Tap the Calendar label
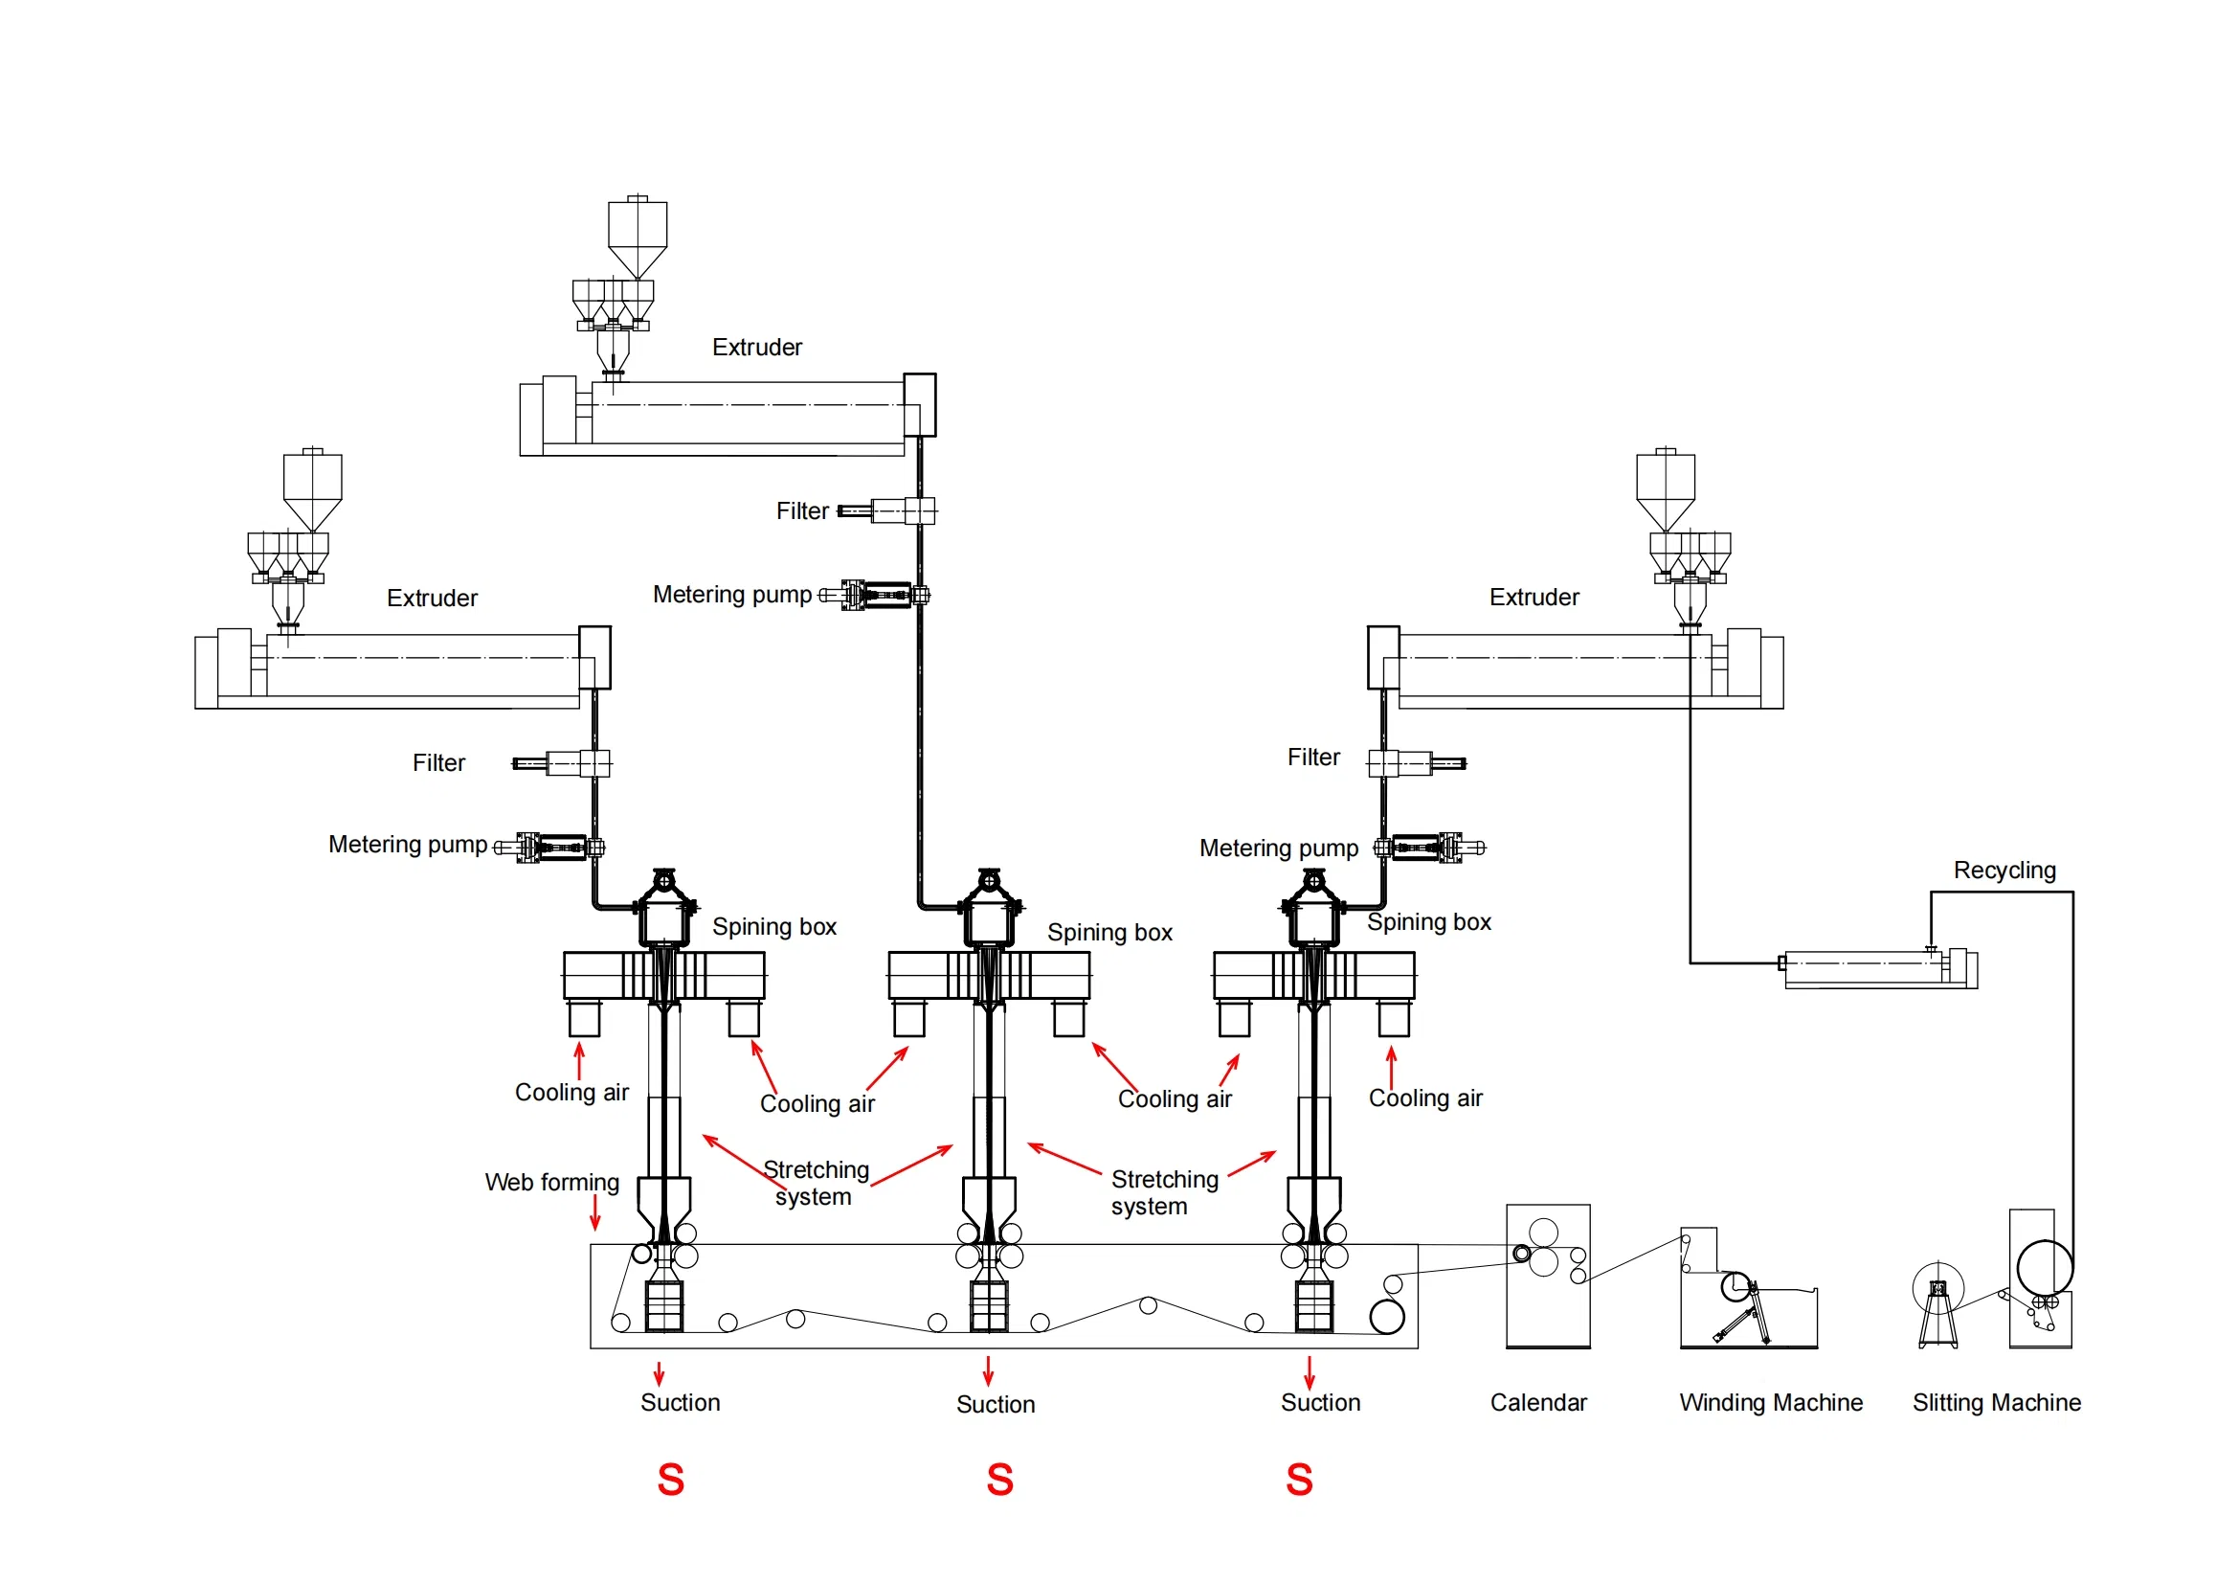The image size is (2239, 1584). [1538, 1403]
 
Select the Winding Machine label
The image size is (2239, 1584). [1770, 1403]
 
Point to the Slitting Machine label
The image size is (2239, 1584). [1995, 1403]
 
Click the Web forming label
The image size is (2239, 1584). [552, 1182]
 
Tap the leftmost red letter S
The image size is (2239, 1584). [671, 1480]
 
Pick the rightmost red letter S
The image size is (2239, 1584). [1299, 1480]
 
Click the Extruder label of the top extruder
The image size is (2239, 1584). [757, 348]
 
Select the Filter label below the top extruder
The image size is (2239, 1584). [801, 511]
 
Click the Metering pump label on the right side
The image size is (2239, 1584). [1278, 849]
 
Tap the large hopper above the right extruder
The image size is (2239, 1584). [1665, 487]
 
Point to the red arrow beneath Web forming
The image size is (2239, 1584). [594, 1213]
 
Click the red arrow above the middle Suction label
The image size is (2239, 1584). [988, 1370]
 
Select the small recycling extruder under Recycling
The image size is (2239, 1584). [1878, 969]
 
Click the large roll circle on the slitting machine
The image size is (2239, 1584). [2044, 1268]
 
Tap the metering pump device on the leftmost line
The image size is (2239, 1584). [551, 848]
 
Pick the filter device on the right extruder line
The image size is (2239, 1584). [1414, 763]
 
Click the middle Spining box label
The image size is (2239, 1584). [1108, 933]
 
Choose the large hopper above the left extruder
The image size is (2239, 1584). [312, 487]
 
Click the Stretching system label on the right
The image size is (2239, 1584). [1163, 1193]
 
